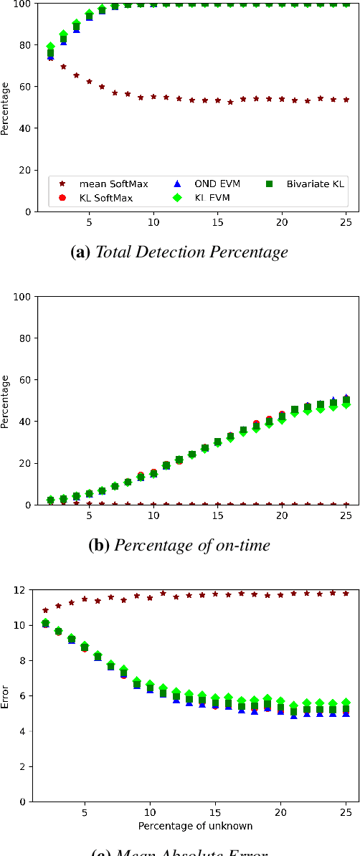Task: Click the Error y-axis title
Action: click(6, 695)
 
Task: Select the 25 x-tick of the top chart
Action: click(346, 222)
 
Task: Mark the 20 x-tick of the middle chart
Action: click(281, 515)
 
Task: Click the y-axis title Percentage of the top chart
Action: click(6, 108)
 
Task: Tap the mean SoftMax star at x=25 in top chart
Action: click(346, 100)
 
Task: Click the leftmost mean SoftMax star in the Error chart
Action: click(46, 610)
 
